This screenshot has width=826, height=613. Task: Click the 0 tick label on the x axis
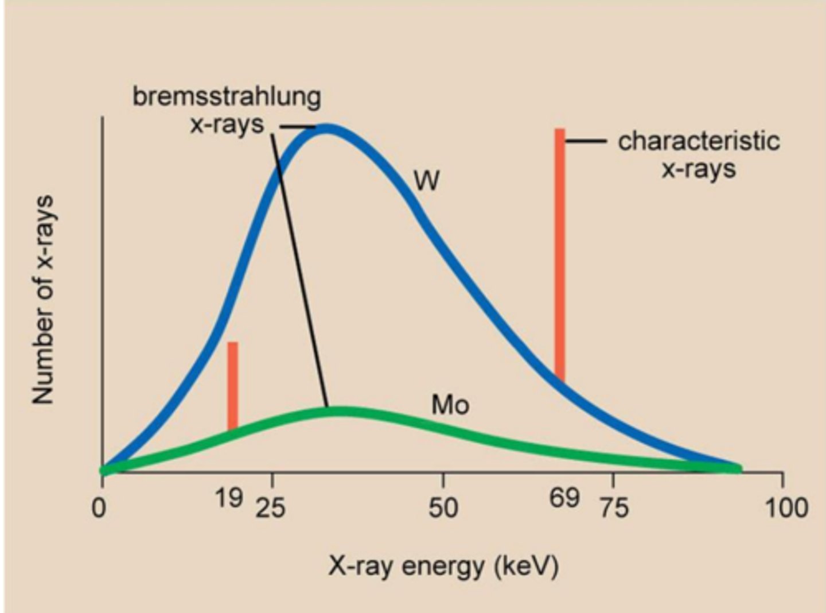pos(99,508)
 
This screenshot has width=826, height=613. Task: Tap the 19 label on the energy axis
pos(229,498)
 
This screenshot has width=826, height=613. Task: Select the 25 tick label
pos(270,508)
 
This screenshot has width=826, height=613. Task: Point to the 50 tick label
pos(443,508)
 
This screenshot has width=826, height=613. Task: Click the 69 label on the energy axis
pos(564,498)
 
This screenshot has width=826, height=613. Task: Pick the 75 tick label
pos(614,508)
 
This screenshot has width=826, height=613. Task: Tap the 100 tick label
pos(786,508)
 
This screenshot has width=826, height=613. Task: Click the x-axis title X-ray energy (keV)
pos(443,567)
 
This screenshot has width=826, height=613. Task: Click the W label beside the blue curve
pos(427,181)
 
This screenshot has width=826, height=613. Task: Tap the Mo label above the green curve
pos(450,405)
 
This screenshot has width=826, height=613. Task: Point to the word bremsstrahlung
pos(227,97)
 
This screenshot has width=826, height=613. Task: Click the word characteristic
pos(699,141)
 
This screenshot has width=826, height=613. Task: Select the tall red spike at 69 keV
pos(560,253)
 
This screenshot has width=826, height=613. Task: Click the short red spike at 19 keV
pos(232,385)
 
